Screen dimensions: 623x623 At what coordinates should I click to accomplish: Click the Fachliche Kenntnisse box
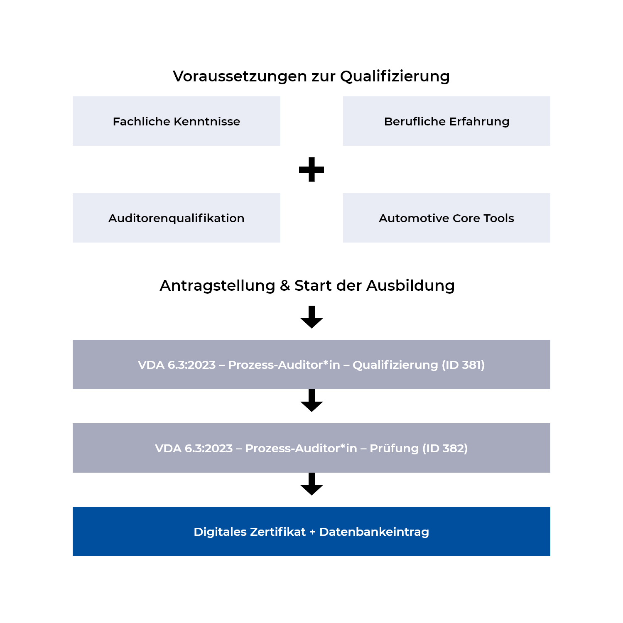tap(177, 121)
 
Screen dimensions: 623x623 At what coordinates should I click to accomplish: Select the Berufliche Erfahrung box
tap(446, 121)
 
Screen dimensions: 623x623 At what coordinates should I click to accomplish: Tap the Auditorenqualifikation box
tap(177, 218)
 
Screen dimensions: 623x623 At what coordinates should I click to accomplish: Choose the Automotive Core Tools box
tap(446, 218)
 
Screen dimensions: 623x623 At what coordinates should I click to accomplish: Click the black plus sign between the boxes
tap(311, 169)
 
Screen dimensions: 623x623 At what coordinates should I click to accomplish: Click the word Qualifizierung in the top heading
tap(395, 76)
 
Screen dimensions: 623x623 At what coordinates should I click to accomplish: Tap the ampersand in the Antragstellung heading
tap(285, 286)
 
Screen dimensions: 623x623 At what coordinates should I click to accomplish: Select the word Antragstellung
tap(217, 286)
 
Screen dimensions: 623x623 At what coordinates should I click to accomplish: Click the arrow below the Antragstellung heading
tap(311, 317)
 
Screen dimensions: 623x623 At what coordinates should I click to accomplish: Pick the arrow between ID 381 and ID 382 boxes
tap(311, 400)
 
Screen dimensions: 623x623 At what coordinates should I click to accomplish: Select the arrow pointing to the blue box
tap(311, 484)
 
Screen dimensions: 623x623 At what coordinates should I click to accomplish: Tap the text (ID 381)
tap(463, 365)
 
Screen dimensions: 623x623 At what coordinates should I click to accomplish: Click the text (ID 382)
tap(445, 449)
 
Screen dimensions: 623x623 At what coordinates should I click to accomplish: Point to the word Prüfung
tap(394, 449)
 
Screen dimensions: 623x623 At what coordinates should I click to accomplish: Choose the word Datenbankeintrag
tap(374, 532)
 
